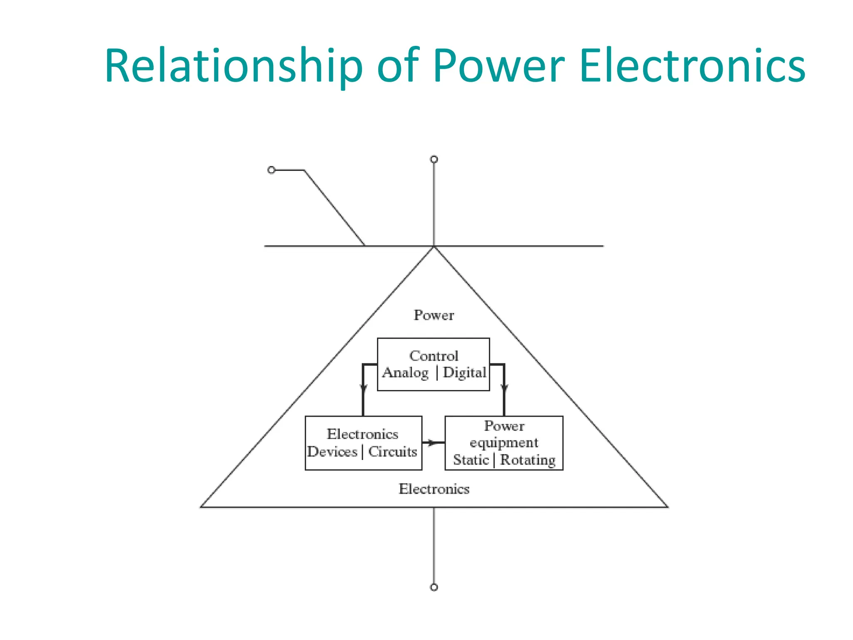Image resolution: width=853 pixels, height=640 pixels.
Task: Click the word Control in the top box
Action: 434,356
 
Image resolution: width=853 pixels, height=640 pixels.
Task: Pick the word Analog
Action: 405,373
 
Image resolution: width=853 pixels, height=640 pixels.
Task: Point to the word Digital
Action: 464,372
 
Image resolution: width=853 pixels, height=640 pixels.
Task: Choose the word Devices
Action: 332,452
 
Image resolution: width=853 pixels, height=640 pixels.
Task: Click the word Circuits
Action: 392,452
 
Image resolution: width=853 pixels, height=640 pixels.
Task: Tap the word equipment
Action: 504,443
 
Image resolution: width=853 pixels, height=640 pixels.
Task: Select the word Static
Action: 471,460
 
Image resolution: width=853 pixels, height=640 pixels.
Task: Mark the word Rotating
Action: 528,460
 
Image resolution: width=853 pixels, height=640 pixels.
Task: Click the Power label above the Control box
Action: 434,315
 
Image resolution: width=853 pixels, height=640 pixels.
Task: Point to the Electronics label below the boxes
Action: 434,489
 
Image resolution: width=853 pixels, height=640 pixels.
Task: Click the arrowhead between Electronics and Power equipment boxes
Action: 433,442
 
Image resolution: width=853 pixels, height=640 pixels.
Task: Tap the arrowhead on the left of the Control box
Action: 363,389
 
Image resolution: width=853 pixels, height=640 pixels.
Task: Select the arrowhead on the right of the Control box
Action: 504,389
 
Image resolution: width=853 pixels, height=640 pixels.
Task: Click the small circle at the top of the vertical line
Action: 434,159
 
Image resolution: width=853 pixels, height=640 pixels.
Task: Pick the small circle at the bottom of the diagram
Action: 434,587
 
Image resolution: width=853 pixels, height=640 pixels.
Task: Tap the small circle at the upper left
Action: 272,170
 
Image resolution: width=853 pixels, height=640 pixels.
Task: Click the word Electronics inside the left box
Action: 362,434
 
